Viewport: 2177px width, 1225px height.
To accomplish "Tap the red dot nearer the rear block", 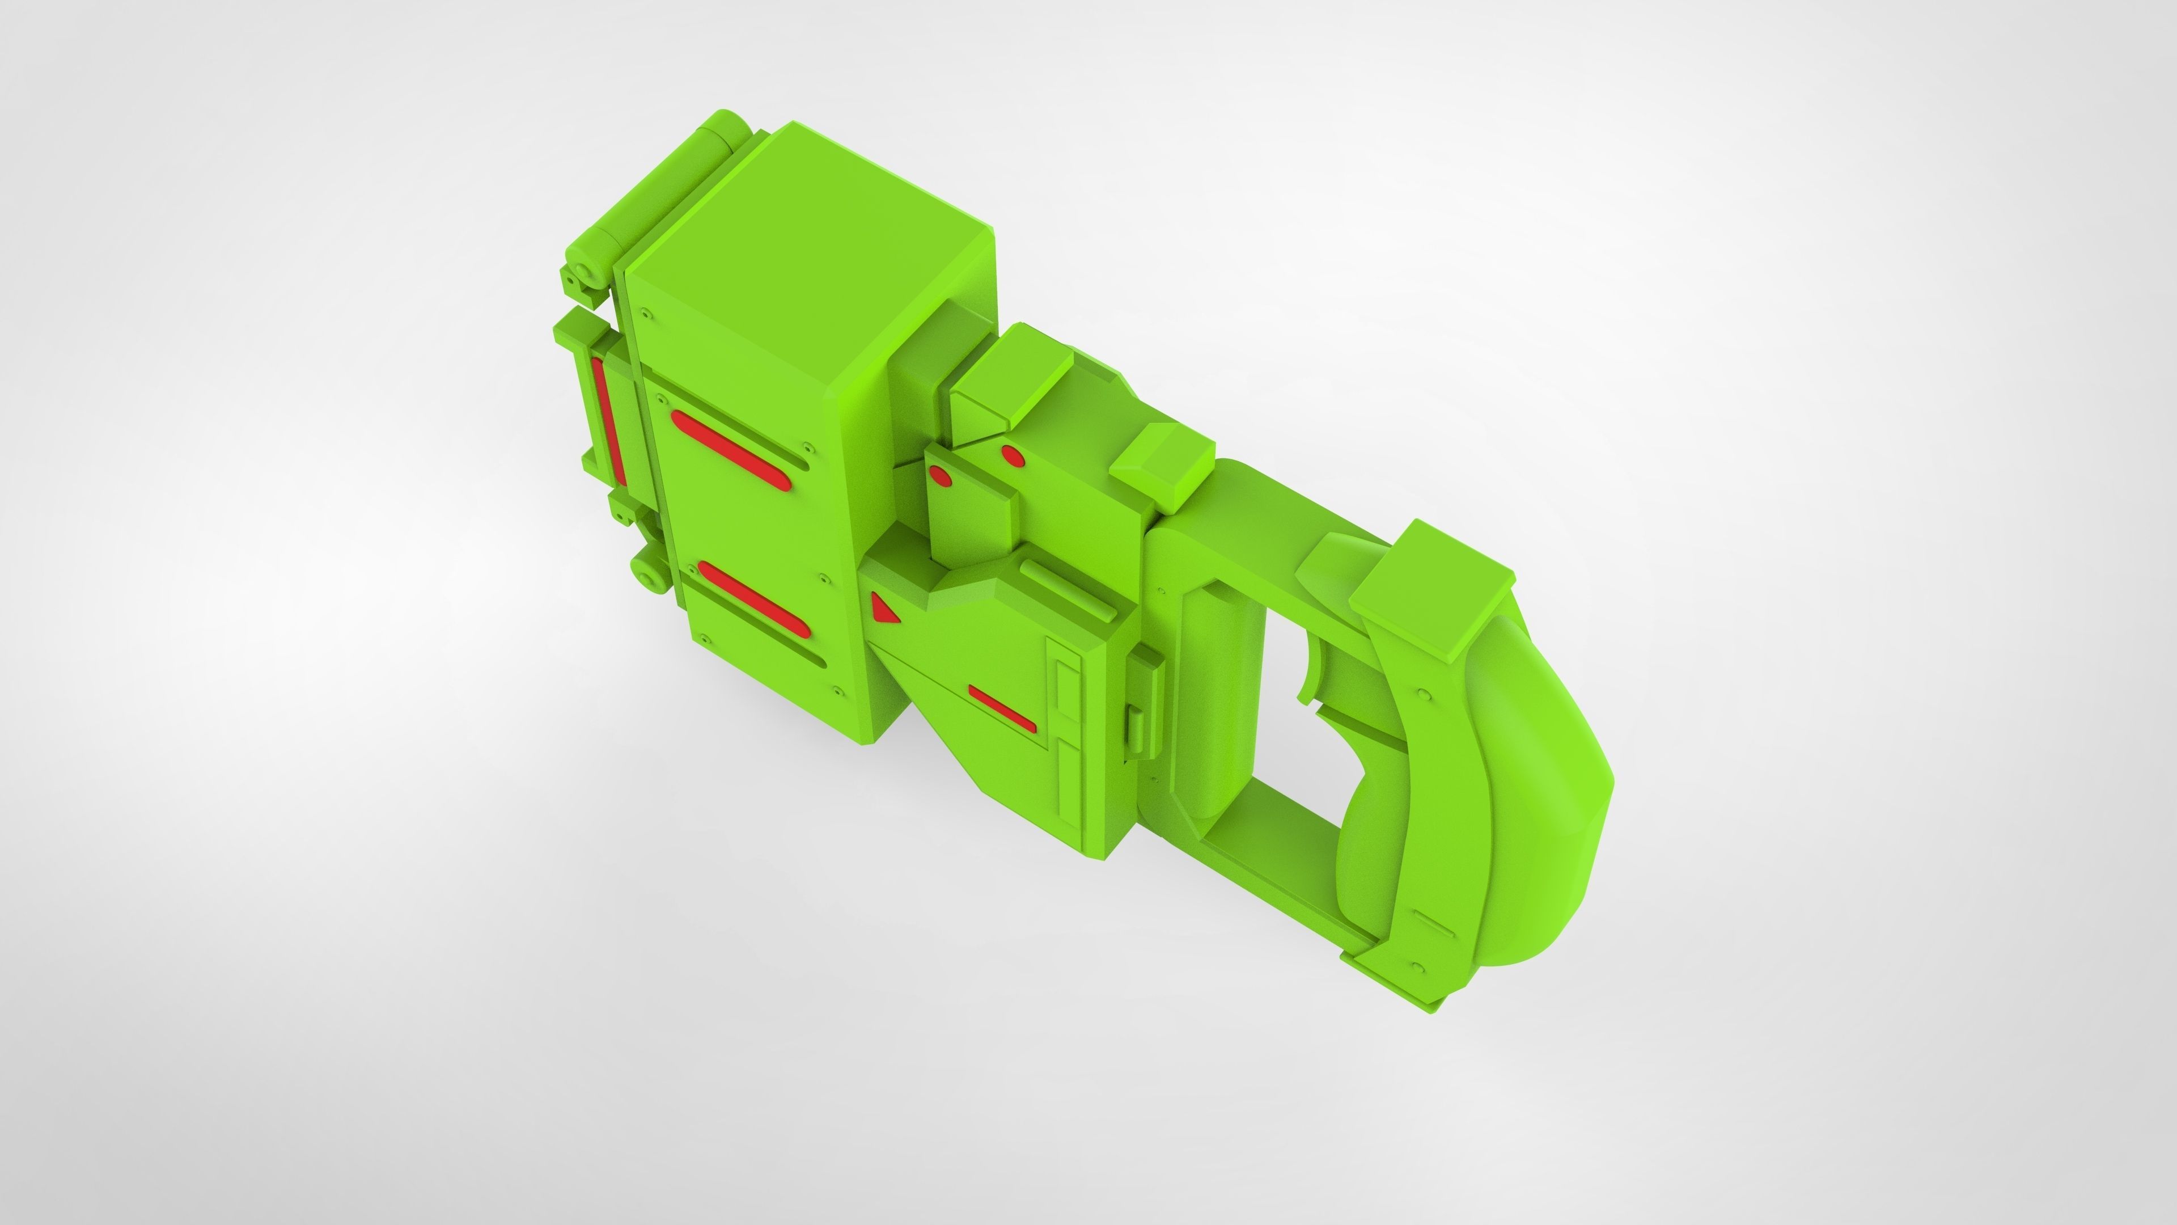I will pos(1013,457).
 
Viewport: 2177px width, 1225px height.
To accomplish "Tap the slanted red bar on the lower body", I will pos(1001,708).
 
